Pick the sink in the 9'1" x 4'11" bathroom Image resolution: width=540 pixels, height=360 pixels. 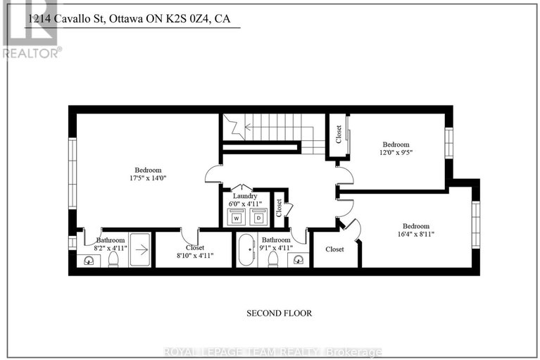(x=299, y=260)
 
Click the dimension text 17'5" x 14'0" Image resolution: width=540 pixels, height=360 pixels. (x=149, y=178)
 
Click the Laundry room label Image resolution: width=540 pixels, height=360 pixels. (x=245, y=197)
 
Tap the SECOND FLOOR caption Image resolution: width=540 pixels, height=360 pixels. (x=278, y=313)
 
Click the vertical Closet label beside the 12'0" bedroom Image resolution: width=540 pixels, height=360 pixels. (x=338, y=135)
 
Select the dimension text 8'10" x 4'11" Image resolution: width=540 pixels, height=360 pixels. (x=194, y=256)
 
